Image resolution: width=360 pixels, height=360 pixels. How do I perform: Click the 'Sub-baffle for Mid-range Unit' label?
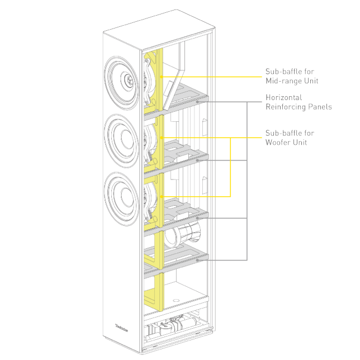click(292, 76)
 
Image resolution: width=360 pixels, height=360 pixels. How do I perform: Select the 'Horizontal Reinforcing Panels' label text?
click(299, 102)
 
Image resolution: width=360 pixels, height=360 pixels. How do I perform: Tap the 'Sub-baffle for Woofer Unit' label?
click(290, 138)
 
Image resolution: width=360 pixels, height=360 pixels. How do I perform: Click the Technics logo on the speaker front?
click(121, 328)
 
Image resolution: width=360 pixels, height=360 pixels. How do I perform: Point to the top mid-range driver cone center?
click(129, 80)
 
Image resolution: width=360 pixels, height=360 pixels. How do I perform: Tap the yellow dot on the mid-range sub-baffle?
click(162, 77)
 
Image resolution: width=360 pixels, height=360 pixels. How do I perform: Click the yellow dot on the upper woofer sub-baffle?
click(162, 138)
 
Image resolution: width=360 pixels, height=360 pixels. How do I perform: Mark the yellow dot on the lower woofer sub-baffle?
click(162, 197)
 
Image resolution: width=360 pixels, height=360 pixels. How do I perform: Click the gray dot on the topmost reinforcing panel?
click(197, 102)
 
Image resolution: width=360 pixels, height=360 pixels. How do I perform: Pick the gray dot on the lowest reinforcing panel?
click(197, 260)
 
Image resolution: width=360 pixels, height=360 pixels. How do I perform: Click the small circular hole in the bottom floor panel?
click(176, 300)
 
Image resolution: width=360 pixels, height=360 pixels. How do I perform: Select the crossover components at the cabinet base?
click(172, 325)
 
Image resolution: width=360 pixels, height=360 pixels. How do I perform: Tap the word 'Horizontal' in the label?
click(283, 98)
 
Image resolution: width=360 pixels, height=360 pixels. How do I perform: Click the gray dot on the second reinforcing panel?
click(197, 160)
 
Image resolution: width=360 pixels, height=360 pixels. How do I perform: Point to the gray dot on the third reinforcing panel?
click(197, 218)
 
